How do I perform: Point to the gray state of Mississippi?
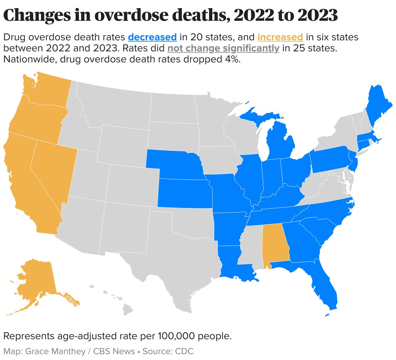pos(251,247)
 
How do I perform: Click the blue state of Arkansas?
pos(229,227)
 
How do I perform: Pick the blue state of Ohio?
pos(294,171)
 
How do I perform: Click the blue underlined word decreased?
pos(152,37)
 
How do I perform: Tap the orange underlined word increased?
pos(280,37)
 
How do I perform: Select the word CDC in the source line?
pos(184,351)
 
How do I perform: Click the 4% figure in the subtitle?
pos(232,59)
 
